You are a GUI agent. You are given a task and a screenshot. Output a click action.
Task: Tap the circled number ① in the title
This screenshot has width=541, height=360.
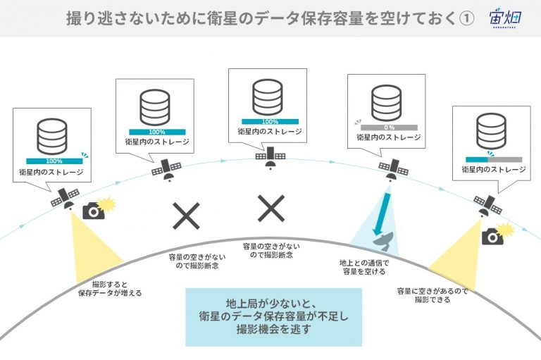(x=467, y=18)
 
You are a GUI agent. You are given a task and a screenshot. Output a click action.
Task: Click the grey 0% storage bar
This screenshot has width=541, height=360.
(x=389, y=128)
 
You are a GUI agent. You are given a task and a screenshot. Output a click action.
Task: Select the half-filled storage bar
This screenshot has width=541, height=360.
(x=494, y=159)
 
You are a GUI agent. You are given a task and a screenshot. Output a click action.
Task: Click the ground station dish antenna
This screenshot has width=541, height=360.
(x=384, y=241)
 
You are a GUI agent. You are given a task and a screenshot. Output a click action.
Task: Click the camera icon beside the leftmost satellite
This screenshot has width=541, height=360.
(x=94, y=211)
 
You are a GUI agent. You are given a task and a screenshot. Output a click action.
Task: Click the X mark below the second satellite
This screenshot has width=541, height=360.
(x=186, y=216)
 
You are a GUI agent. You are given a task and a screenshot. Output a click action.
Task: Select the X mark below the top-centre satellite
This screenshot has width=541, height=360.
(x=271, y=208)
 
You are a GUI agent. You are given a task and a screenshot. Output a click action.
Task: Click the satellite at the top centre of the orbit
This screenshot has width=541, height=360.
(x=270, y=158)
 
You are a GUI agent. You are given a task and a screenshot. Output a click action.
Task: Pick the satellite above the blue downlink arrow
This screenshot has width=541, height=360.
(x=393, y=170)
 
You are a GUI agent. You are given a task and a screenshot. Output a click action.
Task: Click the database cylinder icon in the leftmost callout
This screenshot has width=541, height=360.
(x=52, y=137)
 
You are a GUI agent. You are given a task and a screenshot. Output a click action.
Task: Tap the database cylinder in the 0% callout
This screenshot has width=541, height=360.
(x=387, y=103)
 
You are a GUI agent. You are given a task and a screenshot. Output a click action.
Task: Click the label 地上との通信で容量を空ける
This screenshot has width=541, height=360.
(x=364, y=267)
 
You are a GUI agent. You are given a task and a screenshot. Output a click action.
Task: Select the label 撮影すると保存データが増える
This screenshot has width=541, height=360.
(x=110, y=289)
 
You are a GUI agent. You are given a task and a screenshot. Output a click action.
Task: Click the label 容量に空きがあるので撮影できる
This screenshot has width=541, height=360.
(x=433, y=295)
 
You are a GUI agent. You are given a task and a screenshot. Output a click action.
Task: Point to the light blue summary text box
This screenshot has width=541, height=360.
(x=273, y=317)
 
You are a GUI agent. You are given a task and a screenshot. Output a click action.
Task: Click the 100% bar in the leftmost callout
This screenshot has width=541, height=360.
(x=54, y=161)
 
